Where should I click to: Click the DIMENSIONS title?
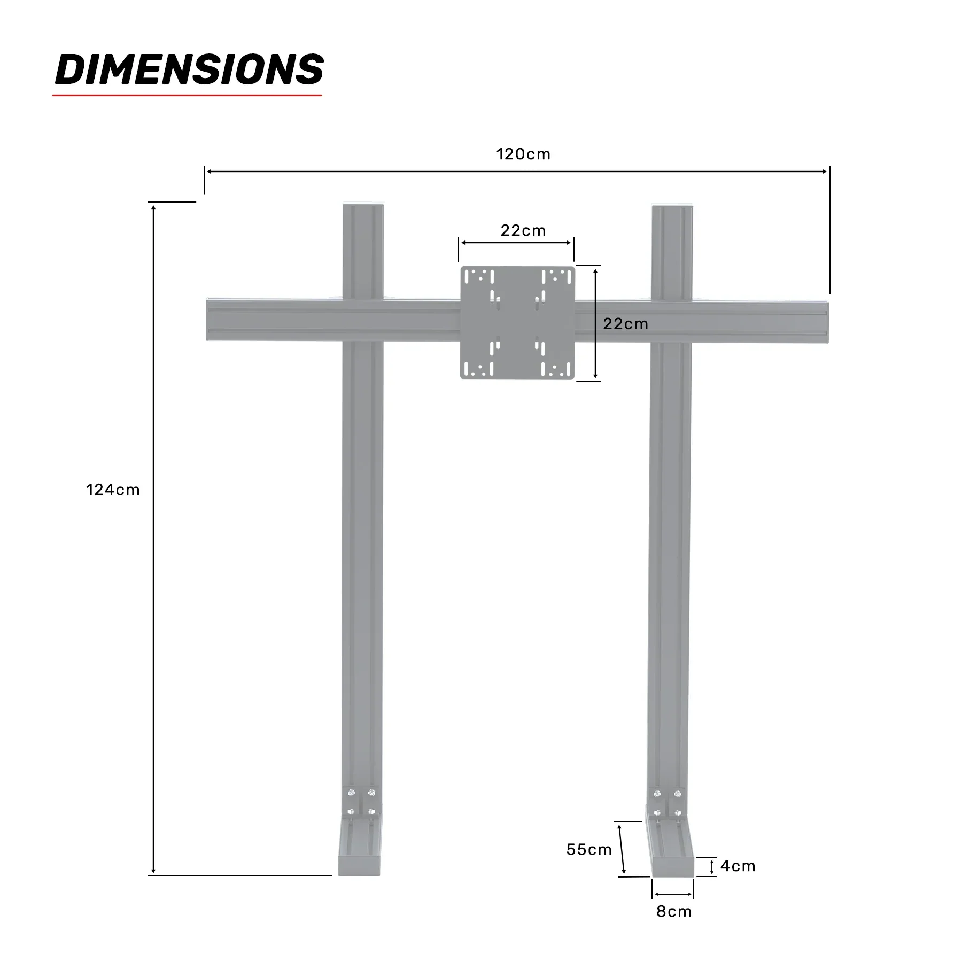[189, 69]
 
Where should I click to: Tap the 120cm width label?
[523, 154]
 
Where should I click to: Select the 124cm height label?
[113, 490]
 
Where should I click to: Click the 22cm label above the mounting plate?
[523, 231]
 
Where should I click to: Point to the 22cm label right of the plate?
[625, 324]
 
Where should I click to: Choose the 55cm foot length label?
[589, 849]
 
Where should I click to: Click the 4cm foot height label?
[738, 866]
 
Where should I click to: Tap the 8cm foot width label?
[674, 911]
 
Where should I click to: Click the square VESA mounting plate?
[517, 323]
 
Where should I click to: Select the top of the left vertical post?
[363, 210]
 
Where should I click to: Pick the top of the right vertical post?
[672, 210]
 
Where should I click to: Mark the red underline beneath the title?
[187, 96]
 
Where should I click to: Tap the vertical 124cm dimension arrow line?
[153, 534]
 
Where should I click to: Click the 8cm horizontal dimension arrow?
[672, 894]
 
